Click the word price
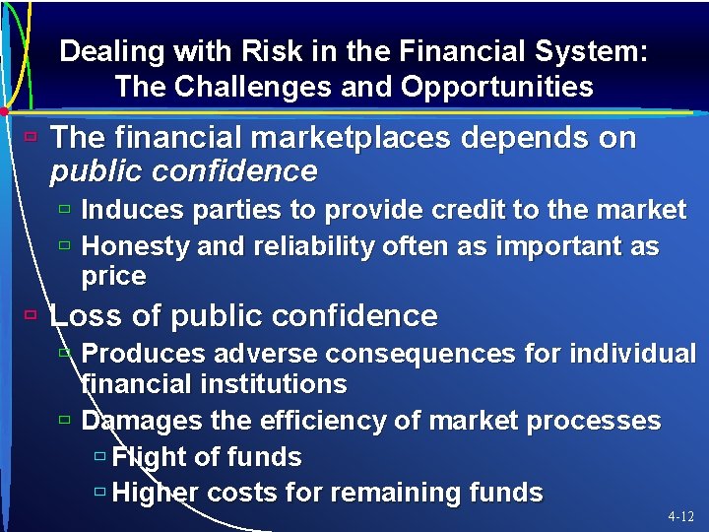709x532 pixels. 113,277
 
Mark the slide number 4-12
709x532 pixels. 681,516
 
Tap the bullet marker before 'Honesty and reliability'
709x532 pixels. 64,245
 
